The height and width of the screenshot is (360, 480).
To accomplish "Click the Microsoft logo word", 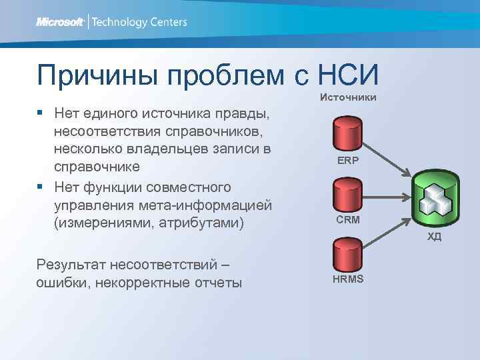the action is tap(60, 22).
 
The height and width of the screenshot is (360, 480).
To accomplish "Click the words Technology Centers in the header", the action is tap(139, 22).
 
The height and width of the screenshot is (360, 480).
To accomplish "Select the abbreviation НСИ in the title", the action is tap(349, 75).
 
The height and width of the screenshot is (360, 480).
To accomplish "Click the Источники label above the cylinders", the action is tap(348, 98).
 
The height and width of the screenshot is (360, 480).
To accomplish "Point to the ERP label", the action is tap(347, 160).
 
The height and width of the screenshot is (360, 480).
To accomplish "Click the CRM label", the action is tap(348, 219).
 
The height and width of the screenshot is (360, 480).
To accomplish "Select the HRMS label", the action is tap(348, 278).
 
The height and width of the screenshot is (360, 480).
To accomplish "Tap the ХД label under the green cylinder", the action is tap(435, 237).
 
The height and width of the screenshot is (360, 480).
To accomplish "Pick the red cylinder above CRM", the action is tap(347, 195).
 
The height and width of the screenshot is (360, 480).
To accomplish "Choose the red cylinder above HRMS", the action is tap(347, 253).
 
